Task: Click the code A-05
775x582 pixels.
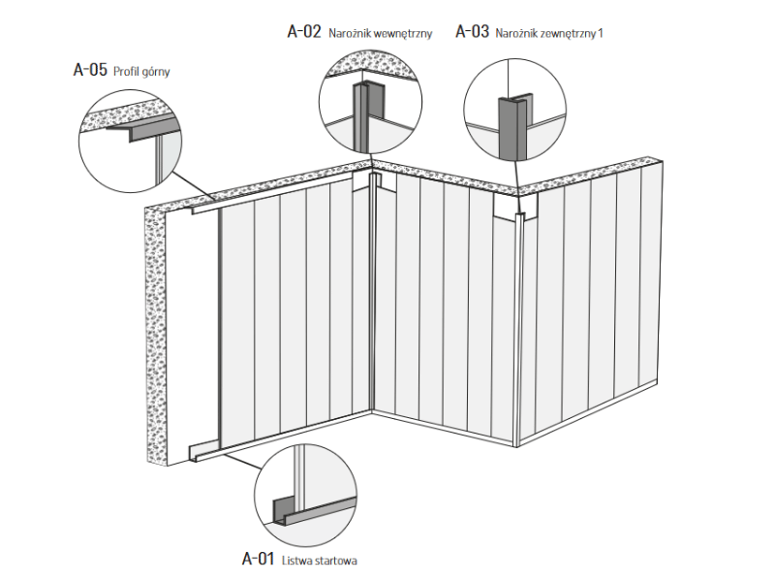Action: click(90, 70)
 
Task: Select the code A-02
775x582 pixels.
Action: click(304, 31)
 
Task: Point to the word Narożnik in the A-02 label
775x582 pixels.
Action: click(349, 33)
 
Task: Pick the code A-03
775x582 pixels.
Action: click(473, 31)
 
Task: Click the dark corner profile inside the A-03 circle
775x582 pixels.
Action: click(509, 126)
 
